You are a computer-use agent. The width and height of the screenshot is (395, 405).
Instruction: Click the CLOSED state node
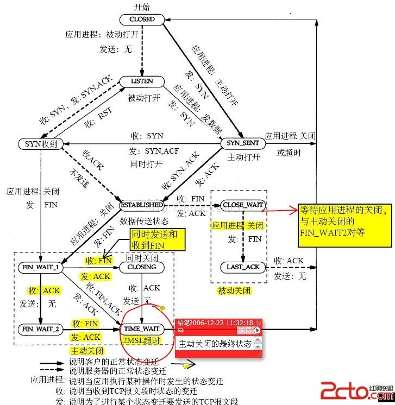(x=142, y=19)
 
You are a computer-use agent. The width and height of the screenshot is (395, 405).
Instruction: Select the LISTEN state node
(x=142, y=81)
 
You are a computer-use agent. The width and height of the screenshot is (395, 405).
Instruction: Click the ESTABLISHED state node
(x=142, y=205)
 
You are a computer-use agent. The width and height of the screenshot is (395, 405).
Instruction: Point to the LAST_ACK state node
(x=243, y=267)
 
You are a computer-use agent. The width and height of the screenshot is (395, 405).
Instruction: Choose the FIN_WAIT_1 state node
(x=41, y=268)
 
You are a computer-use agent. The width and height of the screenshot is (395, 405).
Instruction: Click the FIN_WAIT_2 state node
(x=41, y=329)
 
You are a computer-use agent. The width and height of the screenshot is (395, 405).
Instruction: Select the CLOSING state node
(x=142, y=267)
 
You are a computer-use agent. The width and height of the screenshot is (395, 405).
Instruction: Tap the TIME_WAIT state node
(x=142, y=329)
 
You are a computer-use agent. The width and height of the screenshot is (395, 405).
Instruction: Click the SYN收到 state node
(x=41, y=143)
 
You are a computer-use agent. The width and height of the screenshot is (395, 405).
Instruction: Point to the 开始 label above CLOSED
(x=142, y=7)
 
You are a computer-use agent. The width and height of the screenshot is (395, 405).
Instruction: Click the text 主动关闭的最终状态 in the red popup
(x=215, y=344)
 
